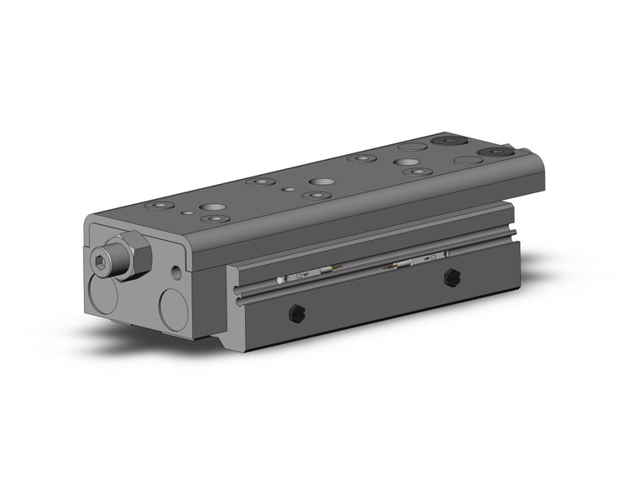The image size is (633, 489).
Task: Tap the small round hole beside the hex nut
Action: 175,272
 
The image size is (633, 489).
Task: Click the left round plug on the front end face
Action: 103,299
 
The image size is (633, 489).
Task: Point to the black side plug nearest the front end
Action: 294,313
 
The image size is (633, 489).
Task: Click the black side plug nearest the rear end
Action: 452,277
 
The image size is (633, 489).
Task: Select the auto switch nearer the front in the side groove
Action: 303,275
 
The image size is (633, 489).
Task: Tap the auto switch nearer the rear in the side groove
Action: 404,265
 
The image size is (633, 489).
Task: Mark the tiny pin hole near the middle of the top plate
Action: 288,189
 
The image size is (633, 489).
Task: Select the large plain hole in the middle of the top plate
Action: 320,181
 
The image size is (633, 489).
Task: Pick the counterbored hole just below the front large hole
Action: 216,219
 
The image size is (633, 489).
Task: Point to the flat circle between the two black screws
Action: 467,159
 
